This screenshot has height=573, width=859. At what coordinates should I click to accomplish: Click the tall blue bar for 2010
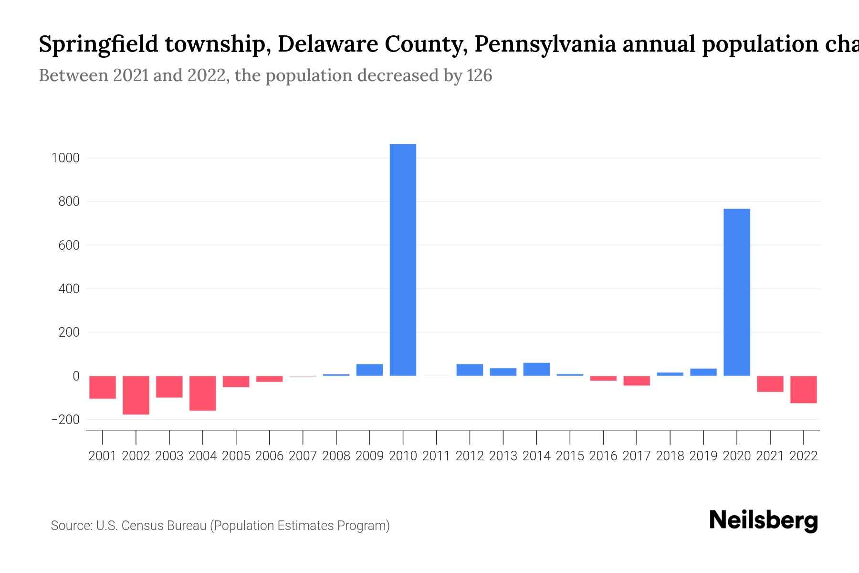point(403,260)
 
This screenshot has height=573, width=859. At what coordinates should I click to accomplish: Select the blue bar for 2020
point(736,292)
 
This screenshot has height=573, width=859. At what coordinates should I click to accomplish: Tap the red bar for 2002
point(136,395)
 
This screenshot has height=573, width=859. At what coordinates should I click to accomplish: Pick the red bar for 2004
point(203,393)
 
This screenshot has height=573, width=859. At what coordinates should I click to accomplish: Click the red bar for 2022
point(803,389)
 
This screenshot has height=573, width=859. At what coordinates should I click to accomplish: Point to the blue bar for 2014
point(536,369)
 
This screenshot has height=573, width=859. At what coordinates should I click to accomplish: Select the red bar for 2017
point(637,381)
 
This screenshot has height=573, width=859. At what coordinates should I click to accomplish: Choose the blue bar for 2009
point(369,370)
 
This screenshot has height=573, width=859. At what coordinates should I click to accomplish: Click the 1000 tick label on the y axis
point(65,158)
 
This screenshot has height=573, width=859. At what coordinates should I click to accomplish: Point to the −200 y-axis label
point(65,420)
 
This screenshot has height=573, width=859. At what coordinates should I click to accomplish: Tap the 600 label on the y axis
point(69,245)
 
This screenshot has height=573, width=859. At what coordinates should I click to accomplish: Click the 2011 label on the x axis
point(436,456)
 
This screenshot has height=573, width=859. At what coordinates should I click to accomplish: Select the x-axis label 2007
point(303,456)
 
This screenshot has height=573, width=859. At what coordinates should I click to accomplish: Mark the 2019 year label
point(703,456)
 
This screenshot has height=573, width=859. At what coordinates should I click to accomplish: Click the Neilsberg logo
point(764,520)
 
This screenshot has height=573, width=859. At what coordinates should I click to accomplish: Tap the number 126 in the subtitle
point(479,75)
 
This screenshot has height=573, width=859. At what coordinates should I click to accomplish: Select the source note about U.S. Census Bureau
point(220,526)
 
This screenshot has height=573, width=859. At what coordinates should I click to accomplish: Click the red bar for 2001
point(103,387)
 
